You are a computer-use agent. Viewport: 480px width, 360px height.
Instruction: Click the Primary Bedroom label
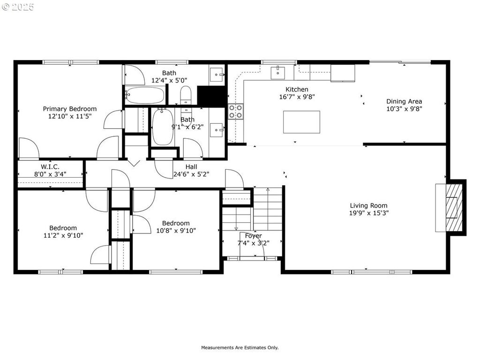coord(70,109)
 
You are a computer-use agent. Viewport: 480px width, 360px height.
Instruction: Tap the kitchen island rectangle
coord(301,122)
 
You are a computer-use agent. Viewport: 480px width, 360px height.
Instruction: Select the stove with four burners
coord(235,112)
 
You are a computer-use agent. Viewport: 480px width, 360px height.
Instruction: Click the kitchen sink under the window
coord(277,73)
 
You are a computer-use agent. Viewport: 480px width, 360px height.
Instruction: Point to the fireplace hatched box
coord(454,207)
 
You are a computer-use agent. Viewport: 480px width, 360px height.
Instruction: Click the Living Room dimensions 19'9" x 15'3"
coord(368,213)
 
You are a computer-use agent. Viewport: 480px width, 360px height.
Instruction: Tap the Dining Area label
coord(404,101)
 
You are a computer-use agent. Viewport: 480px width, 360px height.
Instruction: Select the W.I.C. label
coord(50,167)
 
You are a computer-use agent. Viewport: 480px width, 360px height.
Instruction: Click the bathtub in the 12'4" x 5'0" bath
coord(144,96)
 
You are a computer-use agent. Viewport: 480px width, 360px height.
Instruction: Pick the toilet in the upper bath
coord(186,95)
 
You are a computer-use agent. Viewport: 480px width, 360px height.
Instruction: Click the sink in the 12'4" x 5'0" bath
coord(217,75)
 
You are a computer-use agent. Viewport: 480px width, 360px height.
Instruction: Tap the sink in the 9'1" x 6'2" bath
coord(217,130)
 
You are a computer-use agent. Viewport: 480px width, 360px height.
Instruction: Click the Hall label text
coord(191,167)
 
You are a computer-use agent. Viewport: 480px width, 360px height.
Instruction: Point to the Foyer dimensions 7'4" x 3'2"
coord(254,243)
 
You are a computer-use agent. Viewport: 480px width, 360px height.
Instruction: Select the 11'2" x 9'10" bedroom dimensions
coord(63,235)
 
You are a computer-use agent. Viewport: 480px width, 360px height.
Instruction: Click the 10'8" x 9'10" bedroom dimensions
coord(176,231)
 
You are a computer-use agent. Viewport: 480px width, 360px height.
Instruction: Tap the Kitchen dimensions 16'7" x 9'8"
coord(297,97)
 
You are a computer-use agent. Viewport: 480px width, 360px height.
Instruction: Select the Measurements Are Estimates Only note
coord(240,347)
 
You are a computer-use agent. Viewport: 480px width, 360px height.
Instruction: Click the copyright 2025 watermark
coord(18,7)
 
